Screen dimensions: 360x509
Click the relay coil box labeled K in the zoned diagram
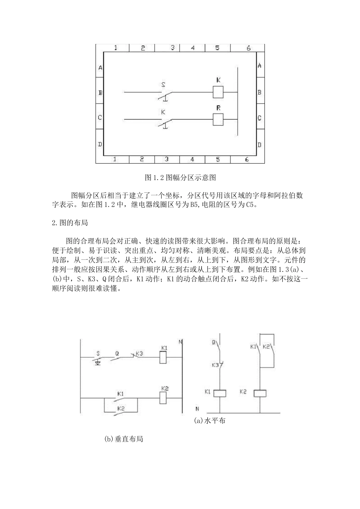tap(218, 92)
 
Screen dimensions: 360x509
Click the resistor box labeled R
tap(218, 119)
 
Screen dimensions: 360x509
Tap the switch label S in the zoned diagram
tap(163, 85)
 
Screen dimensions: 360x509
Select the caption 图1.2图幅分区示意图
tap(180, 177)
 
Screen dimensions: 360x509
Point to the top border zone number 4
tap(193, 48)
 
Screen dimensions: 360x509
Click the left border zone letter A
tap(100, 68)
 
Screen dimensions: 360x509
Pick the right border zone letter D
tap(259, 145)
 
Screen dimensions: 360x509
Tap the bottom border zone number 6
tap(246, 159)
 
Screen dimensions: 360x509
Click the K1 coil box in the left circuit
tap(163, 358)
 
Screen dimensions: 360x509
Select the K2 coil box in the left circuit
tap(163, 397)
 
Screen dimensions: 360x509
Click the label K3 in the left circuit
tap(139, 353)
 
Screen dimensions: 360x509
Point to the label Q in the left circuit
tap(117, 353)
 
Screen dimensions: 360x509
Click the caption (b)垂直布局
tap(124, 439)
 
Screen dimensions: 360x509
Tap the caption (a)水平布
tap(210, 421)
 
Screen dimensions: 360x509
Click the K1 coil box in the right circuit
tap(220, 393)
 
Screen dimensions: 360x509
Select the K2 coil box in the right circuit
tap(260, 393)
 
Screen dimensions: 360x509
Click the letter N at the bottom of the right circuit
tap(197, 409)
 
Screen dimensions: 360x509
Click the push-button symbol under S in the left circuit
tap(98, 362)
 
